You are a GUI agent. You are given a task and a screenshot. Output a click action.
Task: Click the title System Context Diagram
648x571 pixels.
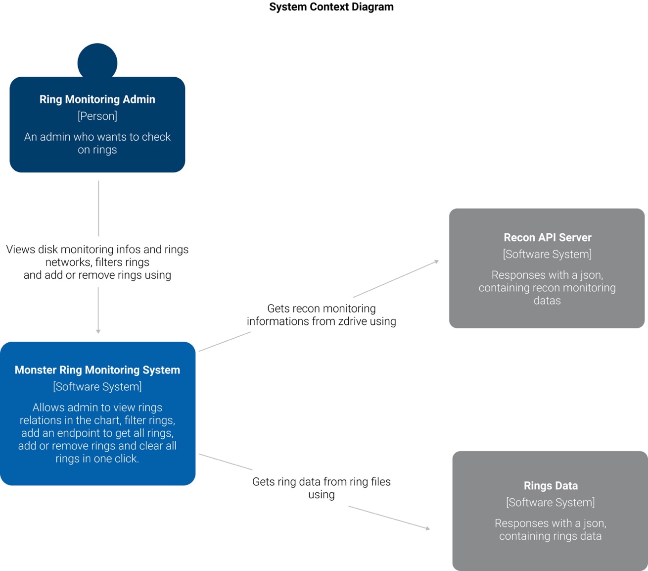[x=331, y=7]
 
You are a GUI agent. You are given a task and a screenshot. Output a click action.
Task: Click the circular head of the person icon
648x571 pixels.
[x=97, y=61]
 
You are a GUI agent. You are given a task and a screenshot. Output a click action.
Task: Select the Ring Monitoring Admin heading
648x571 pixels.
[x=97, y=99]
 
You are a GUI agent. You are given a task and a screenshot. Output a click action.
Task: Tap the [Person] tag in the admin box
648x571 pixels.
[x=97, y=116]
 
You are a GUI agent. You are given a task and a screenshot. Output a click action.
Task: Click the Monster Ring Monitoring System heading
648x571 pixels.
[x=97, y=370]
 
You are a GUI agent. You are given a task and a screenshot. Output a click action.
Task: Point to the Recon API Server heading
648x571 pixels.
[x=547, y=237]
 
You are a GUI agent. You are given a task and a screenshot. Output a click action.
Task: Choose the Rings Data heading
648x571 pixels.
[x=551, y=486]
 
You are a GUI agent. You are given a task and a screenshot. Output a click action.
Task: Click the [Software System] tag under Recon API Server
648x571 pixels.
[x=547, y=254]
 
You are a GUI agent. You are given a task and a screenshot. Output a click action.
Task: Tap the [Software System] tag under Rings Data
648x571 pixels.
[x=551, y=503]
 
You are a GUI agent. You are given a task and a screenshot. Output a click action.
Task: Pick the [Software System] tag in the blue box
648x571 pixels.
[x=97, y=387]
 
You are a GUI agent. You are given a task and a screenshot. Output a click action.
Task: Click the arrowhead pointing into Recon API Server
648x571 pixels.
[x=436, y=261]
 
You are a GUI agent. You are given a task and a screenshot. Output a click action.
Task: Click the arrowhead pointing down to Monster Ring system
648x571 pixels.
[x=98, y=331]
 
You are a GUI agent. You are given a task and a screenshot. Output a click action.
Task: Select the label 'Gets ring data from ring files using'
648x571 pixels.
[x=322, y=488]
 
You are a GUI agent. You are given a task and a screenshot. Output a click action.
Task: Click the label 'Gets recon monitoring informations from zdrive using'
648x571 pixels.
[x=322, y=314]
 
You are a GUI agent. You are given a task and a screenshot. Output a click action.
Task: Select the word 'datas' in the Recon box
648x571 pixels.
[x=547, y=301]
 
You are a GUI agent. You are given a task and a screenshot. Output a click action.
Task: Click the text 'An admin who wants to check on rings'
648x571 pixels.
[x=97, y=143]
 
